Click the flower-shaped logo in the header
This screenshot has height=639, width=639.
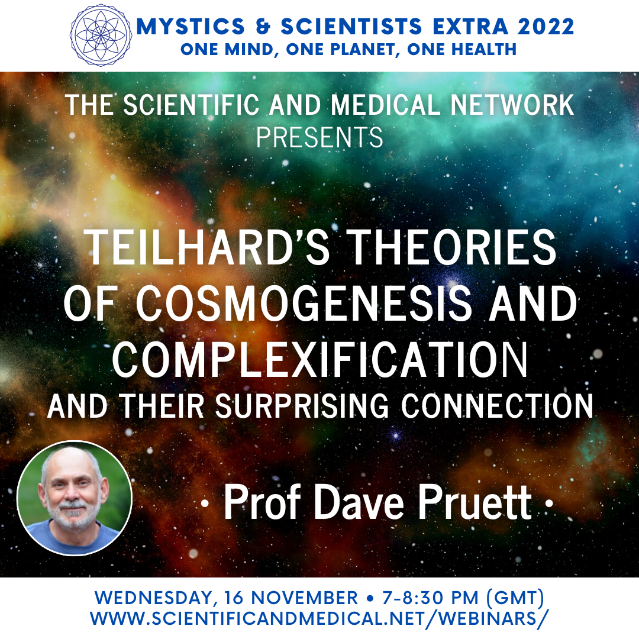pyautogui.click(x=101, y=35)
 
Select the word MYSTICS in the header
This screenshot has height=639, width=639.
pyautogui.click(x=191, y=27)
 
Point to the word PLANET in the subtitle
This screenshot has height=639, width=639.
pyautogui.click(x=341, y=50)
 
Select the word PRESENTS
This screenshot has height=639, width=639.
pyautogui.click(x=319, y=137)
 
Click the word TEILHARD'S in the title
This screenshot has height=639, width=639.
pyautogui.click(x=206, y=247)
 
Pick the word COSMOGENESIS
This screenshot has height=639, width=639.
pyautogui.click(x=304, y=303)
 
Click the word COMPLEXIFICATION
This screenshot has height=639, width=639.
pyautogui.click(x=320, y=359)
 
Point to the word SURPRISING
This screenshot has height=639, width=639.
pyautogui.click(x=302, y=406)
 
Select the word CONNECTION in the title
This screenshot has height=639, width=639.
pyautogui.click(x=497, y=406)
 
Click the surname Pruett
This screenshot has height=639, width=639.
pyautogui.click(x=475, y=502)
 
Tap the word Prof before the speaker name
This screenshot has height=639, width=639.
pyautogui.click(x=263, y=502)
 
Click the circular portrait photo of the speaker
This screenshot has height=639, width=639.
pyautogui.click(x=75, y=498)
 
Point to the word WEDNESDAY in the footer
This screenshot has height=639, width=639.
pyautogui.click(x=154, y=598)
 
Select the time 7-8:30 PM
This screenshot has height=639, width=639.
pyautogui.click(x=430, y=598)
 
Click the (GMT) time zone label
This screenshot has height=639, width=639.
pyautogui.click(x=515, y=598)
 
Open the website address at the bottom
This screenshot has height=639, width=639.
pyautogui.click(x=319, y=618)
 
